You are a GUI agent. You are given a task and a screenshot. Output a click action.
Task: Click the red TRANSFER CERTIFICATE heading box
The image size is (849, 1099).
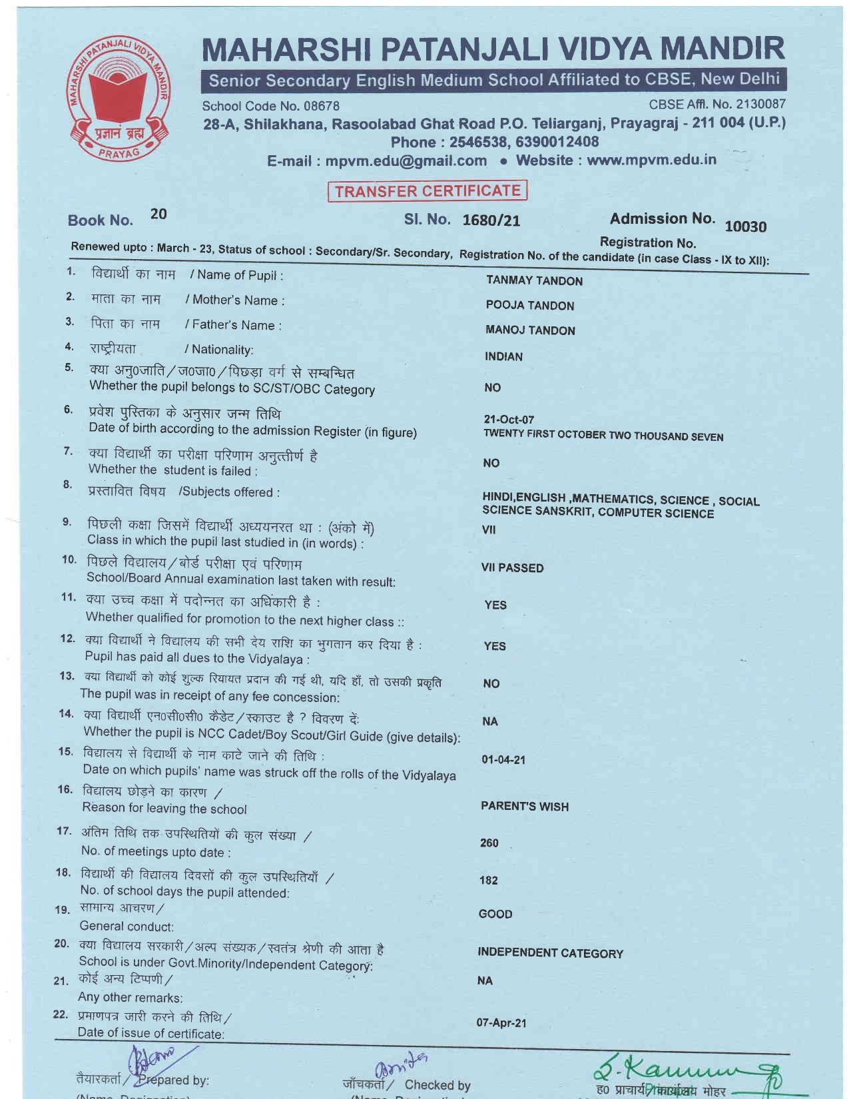427,191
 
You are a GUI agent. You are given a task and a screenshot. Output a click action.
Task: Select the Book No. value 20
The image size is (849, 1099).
158,214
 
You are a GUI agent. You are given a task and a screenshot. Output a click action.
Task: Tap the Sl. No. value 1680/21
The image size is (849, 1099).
491,220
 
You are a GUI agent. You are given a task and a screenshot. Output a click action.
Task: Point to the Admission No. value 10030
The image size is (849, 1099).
745,226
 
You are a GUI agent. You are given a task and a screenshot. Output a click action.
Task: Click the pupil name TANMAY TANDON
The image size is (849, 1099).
534,281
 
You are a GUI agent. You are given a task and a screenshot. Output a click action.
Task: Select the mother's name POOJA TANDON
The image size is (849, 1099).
529,306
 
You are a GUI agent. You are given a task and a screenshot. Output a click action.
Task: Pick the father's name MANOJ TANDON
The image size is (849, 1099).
530,330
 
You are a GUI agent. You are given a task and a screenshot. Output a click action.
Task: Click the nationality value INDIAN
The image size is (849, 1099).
503,356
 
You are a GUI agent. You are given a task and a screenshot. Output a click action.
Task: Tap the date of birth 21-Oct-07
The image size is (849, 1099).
509,420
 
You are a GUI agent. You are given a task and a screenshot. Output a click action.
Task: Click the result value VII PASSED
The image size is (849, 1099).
512,568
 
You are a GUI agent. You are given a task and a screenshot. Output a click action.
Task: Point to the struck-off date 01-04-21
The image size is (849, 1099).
503,760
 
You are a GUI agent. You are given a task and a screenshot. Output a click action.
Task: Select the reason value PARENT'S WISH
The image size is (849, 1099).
525,807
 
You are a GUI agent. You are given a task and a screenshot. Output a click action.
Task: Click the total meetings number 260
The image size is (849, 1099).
489,843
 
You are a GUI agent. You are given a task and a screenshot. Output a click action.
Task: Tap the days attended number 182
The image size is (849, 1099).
488,881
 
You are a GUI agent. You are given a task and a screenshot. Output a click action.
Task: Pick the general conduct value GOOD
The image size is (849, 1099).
495,915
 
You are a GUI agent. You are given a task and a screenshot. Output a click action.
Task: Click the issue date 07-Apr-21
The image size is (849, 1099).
501,1023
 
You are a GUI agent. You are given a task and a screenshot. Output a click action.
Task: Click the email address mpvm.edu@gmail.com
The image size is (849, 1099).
406,161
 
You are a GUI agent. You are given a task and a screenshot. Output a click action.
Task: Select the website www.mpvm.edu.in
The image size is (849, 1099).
651,160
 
